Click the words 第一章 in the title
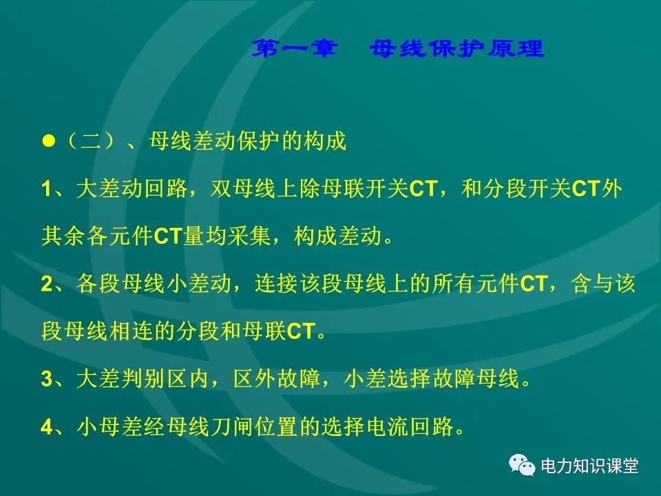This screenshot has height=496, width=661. (294, 50)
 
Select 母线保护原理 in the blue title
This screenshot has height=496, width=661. (457, 50)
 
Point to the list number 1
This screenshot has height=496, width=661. (46, 189)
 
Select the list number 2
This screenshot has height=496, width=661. (46, 284)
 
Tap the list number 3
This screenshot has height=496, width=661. (46, 379)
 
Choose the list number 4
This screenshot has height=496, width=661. (46, 427)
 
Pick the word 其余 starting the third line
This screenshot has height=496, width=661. (63, 236)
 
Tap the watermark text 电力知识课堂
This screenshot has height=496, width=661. (590, 466)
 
